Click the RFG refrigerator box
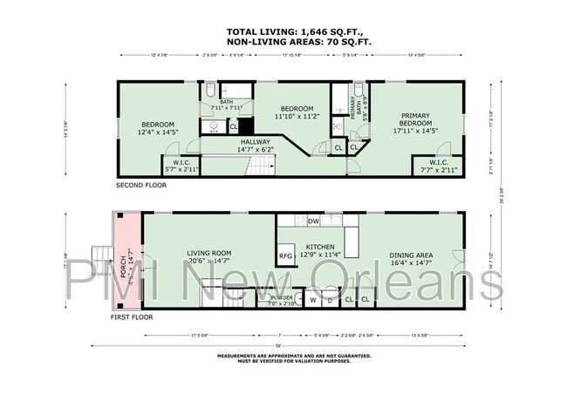286,256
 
